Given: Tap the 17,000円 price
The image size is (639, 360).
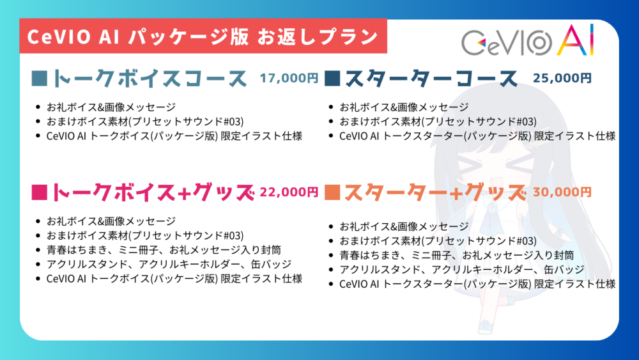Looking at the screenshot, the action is pos(289,78).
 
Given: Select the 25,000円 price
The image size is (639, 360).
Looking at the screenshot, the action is pos(562,78).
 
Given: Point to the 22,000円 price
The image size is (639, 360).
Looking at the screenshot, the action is pos(289,192).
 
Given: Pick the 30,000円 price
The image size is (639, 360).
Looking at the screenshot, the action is pos(562,192).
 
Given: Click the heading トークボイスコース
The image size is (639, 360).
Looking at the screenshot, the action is pos(150,78).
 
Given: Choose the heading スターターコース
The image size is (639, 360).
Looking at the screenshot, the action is pos(431,78).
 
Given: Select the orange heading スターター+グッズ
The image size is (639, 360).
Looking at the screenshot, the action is pos(435,192).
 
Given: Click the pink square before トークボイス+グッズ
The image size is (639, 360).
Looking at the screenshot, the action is pos(40,192).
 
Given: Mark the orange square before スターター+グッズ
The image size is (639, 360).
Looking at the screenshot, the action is pos(332,192).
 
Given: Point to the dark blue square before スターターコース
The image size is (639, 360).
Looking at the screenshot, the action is pos(332,78).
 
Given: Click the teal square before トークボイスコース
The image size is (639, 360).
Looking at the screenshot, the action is pos(40,78).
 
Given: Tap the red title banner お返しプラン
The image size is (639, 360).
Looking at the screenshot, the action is pos(203,36).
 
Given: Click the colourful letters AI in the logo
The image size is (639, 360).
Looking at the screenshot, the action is pos(576,40).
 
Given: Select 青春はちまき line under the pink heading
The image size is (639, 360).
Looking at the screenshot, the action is pos(164,250).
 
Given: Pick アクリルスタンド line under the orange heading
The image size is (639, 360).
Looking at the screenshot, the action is pos(462,269).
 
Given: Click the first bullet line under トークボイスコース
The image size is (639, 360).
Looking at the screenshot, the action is pos(111,107).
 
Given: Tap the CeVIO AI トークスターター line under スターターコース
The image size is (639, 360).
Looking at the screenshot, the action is pos(477,136).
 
